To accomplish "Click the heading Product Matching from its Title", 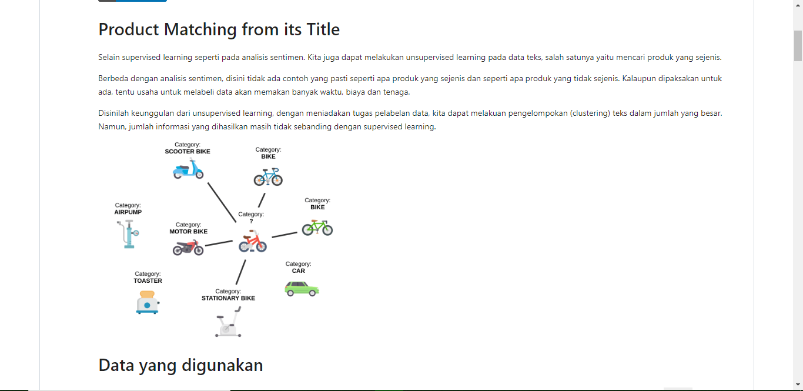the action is pyautogui.click(x=219, y=29).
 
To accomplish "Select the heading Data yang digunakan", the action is pyautogui.click(x=180, y=365).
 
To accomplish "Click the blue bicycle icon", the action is pyautogui.click(x=268, y=176).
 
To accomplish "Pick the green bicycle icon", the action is pyautogui.click(x=317, y=227).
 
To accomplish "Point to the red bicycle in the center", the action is pyautogui.click(x=253, y=241).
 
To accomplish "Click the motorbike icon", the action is pyautogui.click(x=188, y=248).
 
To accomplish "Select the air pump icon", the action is pyautogui.click(x=128, y=233).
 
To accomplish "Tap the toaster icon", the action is pyautogui.click(x=147, y=302).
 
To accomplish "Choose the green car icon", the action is pyautogui.click(x=302, y=288).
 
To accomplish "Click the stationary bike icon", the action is pyautogui.click(x=229, y=323).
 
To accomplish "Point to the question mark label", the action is pyautogui.click(x=251, y=221).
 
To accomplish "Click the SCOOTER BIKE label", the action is pyautogui.click(x=188, y=151).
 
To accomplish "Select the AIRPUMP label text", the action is pyautogui.click(x=128, y=212).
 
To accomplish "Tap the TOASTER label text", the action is pyautogui.click(x=148, y=281).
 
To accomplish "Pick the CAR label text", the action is pyautogui.click(x=299, y=271).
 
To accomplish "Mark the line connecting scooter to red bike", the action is pyautogui.click(x=222, y=202).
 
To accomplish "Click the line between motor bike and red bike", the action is pyautogui.click(x=219, y=243).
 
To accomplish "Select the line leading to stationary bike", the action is pyautogui.click(x=240, y=272).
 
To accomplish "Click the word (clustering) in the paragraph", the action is pyautogui.click(x=589, y=113).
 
